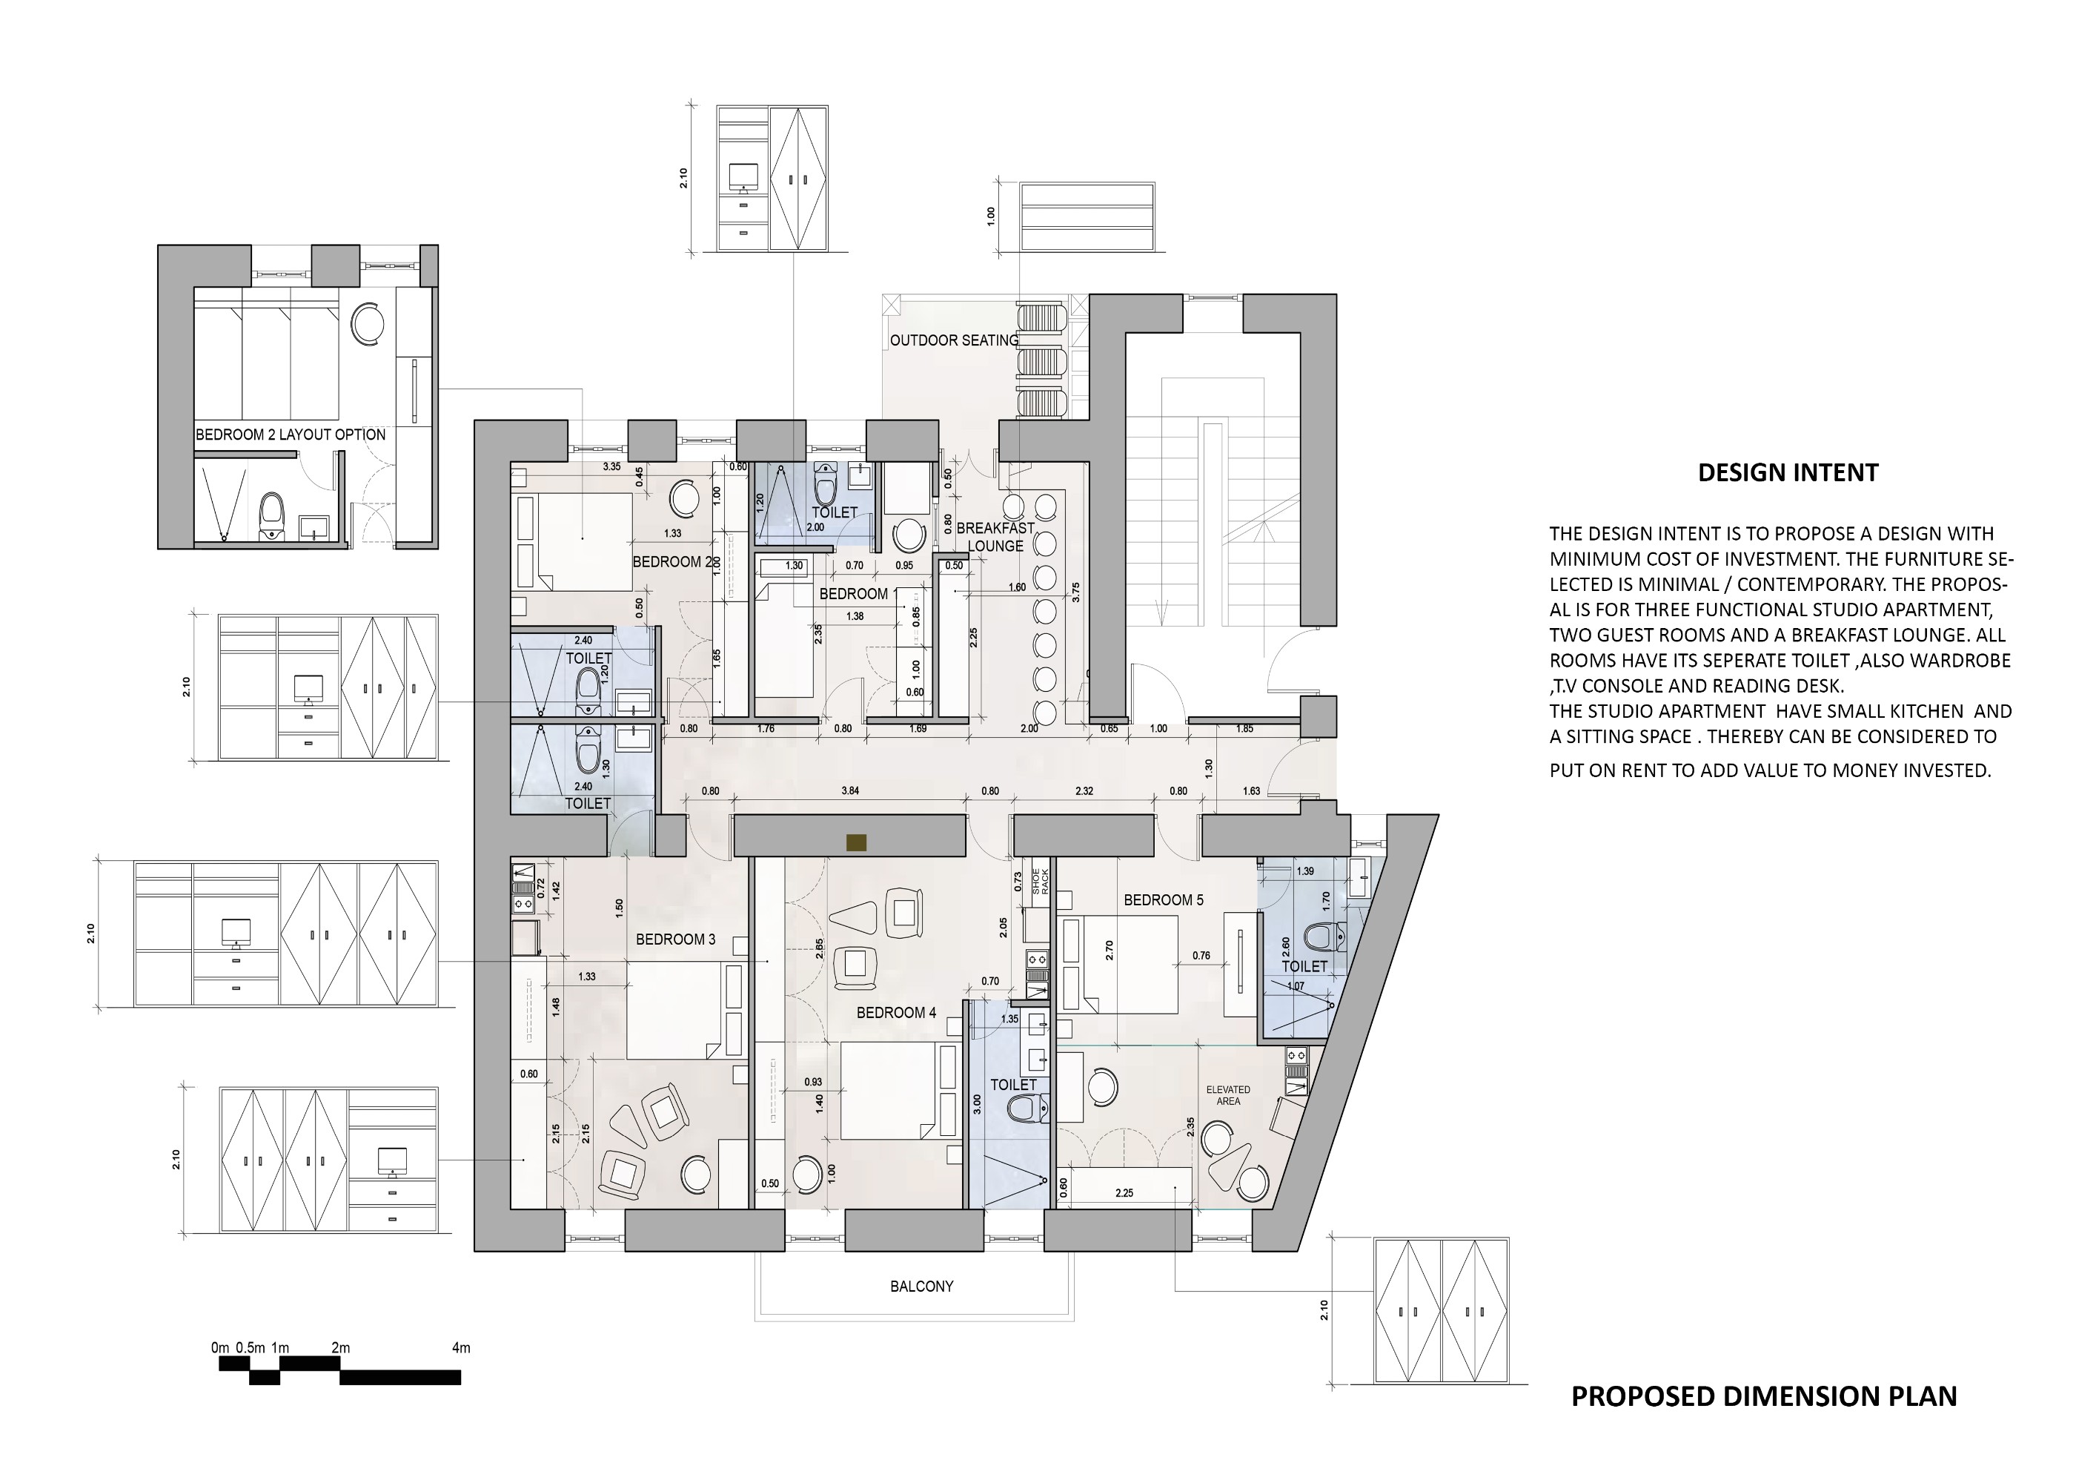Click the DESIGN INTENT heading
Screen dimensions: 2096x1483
(x=1788, y=473)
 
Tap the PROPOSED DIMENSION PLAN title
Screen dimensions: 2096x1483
(x=1764, y=1421)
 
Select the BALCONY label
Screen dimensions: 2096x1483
(x=921, y=1286)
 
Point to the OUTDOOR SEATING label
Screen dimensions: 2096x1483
(x=954, y=340)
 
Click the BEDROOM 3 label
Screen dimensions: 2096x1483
(x=675, y=939)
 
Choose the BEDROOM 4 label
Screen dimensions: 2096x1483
(x=895, y=1013)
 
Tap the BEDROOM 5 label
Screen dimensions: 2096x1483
(x=1163, y=899)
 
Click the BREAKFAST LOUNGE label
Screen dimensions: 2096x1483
(x=995, y=537)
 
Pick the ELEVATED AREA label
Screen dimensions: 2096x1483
(x=1228, y=1095)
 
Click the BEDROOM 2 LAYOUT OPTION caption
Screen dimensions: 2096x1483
(x=291, y=435)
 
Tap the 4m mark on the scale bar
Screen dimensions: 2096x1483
(x=461, y=1348)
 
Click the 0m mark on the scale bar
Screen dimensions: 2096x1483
(x=220, y=1348)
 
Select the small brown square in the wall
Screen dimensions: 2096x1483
(x=855, y=842)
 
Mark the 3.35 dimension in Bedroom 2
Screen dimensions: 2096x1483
(x=611, y=466)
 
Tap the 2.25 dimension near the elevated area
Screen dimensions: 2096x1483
(x=1124, y=1192)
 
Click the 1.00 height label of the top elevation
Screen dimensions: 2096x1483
(x=992, y=217)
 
